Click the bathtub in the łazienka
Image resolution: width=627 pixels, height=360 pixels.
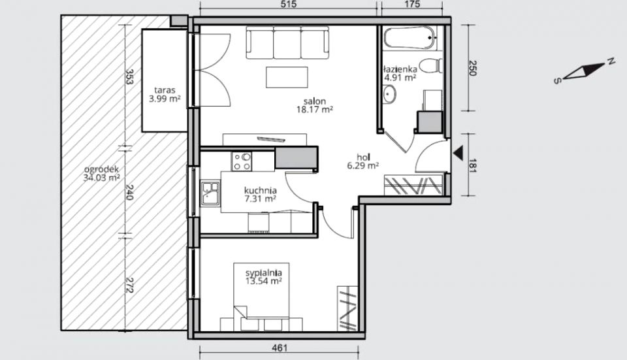410,38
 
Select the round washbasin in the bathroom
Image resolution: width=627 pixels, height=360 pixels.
389,94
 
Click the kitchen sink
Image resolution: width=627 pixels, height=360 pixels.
210,193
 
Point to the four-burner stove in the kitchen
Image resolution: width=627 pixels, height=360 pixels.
242,161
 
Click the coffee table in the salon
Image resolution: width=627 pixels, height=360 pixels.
287,77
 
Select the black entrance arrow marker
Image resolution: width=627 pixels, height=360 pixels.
458,152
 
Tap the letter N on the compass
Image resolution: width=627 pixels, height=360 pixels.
611,61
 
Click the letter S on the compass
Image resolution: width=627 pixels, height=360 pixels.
556,81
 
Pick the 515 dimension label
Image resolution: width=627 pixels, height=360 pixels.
289,5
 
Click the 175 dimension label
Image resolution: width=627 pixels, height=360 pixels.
412,5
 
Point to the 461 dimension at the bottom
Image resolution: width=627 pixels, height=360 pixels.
280,348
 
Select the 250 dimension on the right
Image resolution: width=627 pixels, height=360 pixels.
472,69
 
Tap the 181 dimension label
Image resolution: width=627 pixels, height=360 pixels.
472,165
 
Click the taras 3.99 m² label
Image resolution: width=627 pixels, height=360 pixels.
165,95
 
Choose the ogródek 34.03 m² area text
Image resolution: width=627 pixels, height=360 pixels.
102,174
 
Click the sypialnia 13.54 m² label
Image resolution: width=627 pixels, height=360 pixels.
263,277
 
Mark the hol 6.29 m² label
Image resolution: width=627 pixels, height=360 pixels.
362,161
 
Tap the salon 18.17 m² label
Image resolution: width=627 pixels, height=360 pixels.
315,106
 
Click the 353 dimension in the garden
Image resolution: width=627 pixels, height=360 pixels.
129,76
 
